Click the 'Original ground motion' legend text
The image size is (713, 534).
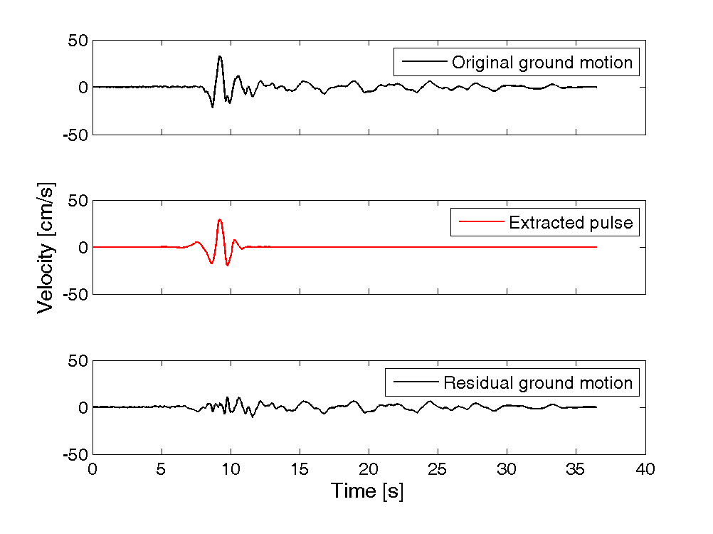click(542, 63)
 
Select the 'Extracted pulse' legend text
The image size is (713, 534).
click(571, 222)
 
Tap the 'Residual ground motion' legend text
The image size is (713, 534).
click(538, 382)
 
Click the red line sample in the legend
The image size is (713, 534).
click(482, 222)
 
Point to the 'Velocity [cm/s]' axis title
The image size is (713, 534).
click(46, 248)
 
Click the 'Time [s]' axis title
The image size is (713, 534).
click(367, 491)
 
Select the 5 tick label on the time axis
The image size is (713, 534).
click(161, 469)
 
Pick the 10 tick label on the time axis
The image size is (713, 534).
click(231, 469)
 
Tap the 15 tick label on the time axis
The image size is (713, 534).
click(300, 469)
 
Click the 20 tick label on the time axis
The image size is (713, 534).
click(369, 469)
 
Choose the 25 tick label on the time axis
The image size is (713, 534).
click(438, 469)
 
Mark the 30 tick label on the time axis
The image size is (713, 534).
click(507, 469)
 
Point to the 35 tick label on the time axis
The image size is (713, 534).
click(576, 469)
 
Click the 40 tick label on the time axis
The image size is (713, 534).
click(645, 469)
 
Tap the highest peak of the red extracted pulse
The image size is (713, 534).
click(220, 220)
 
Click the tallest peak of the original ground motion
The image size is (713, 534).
click(220, 56)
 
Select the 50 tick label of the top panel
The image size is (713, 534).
click(78, 41)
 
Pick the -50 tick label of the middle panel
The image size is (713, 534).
click(75, 295)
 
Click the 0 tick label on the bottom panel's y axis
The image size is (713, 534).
click(83, 407)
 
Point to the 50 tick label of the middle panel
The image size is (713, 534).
click(78, 201)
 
